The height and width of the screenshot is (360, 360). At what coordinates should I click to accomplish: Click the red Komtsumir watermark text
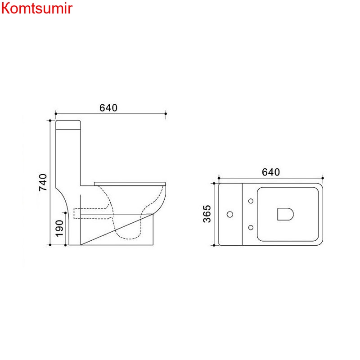click(36, 9)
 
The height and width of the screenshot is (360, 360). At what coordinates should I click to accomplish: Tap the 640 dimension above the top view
click(271, 172)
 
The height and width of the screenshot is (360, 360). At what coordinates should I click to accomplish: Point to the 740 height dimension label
click(43, 182)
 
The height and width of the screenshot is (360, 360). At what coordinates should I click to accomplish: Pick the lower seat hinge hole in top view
click(250, 227)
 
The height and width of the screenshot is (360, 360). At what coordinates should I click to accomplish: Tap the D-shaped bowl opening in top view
click(285, 214)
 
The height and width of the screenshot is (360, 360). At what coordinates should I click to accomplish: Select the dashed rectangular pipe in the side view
click(90, 213)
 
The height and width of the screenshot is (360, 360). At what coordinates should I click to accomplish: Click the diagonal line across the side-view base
click(117, 229)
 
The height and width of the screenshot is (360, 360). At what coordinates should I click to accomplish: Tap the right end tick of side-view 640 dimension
click(166, 113)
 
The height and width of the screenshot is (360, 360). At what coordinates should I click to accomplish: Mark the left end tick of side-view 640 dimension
click(55, 113)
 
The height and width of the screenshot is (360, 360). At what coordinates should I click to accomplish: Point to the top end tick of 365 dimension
click(214, 183)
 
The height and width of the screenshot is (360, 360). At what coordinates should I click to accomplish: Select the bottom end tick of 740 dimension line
click(49, 245)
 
